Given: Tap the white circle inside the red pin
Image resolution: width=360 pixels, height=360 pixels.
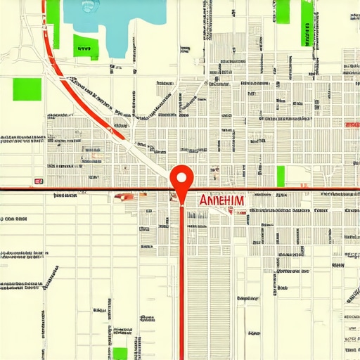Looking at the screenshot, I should pyautogui.click(x=182, y=176).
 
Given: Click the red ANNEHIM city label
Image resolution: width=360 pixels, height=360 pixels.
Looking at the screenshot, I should pyautogui.click(x=222, y=200).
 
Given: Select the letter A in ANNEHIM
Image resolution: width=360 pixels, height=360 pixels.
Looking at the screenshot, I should pyautogui.click(x=204, y=200).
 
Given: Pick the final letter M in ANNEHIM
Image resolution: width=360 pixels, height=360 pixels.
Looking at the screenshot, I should pyautogui.click(x=240, y=200).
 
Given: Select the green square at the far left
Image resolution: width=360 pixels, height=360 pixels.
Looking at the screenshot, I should pyautogui.click(x=27, y=89).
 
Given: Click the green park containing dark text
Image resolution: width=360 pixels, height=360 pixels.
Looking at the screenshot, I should pyautogui.click(x=84, y=44).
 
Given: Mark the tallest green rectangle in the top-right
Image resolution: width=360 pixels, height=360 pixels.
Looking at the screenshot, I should pyautogui.click(x=307, y=22).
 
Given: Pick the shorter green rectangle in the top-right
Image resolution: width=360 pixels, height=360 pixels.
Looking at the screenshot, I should pyautogui.click(x=283, y=11).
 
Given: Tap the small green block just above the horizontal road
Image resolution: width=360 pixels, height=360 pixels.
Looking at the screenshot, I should pyautogui.click(x=281, y=176).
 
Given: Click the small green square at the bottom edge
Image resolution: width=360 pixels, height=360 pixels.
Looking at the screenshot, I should pyautogui.click(x=120, y=354).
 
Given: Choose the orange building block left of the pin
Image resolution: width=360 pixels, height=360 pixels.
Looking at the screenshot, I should pyautogui.click(x=127, y=198).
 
